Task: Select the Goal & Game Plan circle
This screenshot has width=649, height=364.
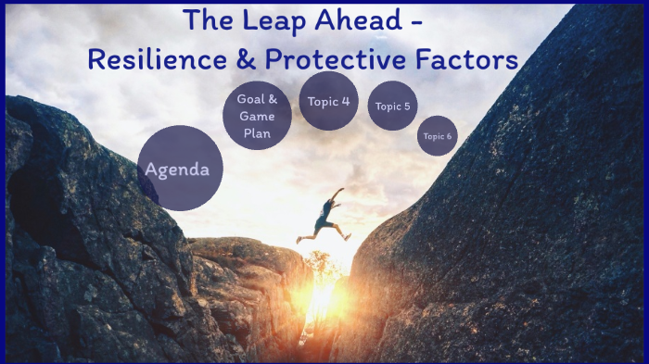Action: click(x=257, y=116)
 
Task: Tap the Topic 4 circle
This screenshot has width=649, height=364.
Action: click(x=329, y=102)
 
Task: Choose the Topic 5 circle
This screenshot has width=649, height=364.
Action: click(x=392, y=106)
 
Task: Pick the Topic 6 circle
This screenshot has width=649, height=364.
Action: click(x=437, y=136)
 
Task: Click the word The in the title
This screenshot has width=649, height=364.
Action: click(x=205, y=20)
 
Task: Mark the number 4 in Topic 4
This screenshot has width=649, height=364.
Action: click(x=346, y=102)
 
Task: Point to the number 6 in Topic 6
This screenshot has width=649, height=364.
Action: click(x=450, y=137)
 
